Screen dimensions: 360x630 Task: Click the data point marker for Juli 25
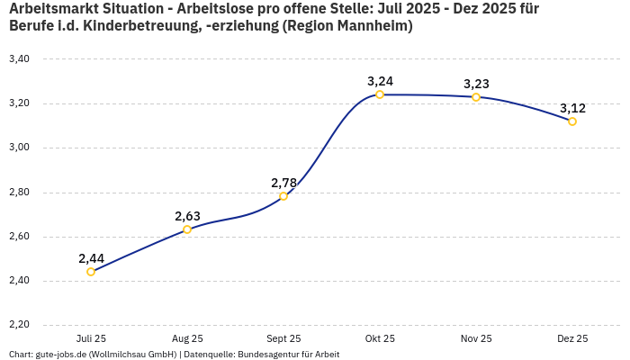coord(91,272)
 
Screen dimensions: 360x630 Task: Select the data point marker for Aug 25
coord(187,229)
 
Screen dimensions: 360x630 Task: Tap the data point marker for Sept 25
coord(283,196)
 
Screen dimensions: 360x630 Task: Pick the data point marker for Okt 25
coord(380,94)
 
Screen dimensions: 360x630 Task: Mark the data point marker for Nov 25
coord(476,97)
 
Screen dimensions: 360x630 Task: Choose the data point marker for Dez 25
coord(572,121)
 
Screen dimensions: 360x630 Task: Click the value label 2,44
coord(91,258)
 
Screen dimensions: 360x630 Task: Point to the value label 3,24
coord(380,81)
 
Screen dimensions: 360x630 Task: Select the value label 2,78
coord(283,183)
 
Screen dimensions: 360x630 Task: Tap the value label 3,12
coord(572,108)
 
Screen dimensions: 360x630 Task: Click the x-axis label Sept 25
coord(283,338)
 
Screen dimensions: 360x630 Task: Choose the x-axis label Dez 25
coord(572,338)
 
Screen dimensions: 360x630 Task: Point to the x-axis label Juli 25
coord(91,338)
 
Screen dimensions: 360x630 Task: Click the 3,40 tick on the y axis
coord(19,58)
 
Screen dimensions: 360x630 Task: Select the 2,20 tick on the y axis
coord(19,325)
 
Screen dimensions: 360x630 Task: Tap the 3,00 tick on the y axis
coord(19,148)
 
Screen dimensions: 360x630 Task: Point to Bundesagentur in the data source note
coord(262,354)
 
